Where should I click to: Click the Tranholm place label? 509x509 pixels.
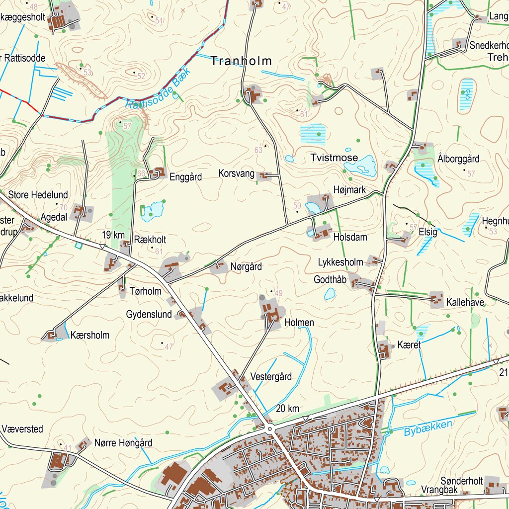(241, 61)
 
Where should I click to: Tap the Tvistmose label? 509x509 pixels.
(334, 158)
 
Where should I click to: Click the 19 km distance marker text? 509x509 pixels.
(113, 235)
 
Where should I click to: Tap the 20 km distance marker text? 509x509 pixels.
(287, 409)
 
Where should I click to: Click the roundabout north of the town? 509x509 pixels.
(270, 428)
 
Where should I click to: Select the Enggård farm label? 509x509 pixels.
(185, 177)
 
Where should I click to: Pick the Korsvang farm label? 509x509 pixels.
(236, 173)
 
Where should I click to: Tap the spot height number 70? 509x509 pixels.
(63, 207)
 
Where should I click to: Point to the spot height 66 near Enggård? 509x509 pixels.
(141, 173)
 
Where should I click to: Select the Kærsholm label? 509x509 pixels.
(89, 335)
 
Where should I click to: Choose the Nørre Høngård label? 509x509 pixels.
(123, 443)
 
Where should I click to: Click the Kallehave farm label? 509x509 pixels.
(465, 302)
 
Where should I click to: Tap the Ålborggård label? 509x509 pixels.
(458, 159)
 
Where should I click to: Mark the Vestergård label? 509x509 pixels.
(271, 376)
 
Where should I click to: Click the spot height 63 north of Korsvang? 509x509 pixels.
(258, 150)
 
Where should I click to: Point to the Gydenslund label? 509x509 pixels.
(149, 314)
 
